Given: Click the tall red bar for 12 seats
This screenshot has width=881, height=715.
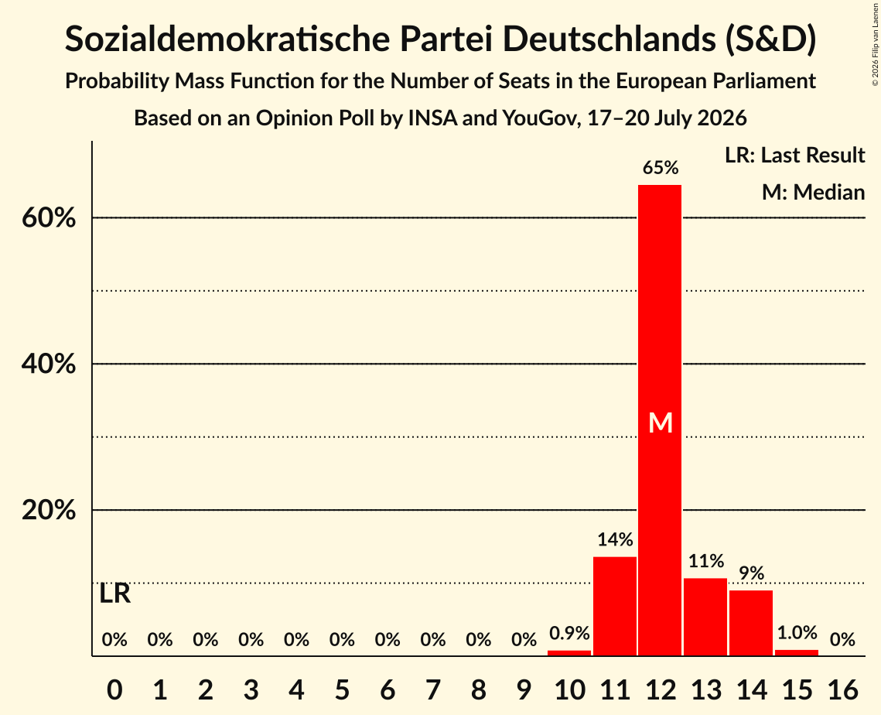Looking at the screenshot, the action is [x=660, y=420].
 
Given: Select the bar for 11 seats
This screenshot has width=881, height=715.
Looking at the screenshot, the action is [x=615, y=606].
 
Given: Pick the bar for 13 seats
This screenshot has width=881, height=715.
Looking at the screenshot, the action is [x=705, y=617].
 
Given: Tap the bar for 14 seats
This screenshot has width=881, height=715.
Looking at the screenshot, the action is [x=750, y=623].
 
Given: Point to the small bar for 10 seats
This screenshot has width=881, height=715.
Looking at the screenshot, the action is [x=569, y=653].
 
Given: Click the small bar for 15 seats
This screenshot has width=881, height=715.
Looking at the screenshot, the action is [x=796, y=653].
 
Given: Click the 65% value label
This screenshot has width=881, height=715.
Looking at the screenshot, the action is [x=661, y=167].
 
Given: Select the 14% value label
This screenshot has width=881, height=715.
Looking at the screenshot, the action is [x=615, y=539].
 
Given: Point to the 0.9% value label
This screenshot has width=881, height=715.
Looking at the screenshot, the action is [x=569, y=634].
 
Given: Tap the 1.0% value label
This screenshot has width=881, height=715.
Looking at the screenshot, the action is [x=797, y=633].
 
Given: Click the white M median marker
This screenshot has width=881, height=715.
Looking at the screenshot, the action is [x=661, y=422].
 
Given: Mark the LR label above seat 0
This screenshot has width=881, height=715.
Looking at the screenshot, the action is [x=114, y=594].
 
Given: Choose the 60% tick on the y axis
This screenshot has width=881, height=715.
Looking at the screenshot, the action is [x=49, y=217].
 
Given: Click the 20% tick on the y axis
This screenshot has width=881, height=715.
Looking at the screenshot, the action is [x=49, y=510].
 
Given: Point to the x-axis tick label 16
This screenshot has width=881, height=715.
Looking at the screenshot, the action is [x=842, y=689].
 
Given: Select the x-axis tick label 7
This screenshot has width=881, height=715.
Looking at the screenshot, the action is [x=432, y=689].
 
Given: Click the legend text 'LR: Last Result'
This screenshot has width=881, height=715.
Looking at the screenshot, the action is [x=794, y=155].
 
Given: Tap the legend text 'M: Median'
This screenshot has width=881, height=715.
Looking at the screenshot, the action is [x=813, y=192].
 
